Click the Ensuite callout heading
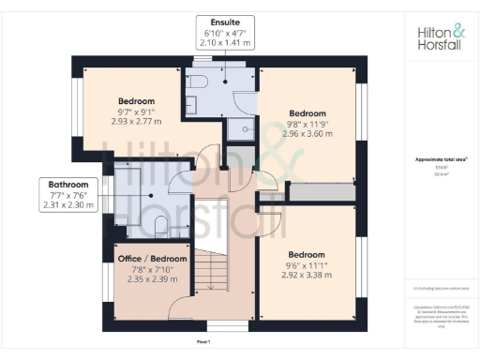224,21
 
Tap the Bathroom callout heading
69,185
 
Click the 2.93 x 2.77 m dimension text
136,122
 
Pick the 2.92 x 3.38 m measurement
307,277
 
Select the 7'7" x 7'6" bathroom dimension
69,196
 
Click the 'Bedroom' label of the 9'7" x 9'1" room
136,100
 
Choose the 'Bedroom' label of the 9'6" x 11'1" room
307,255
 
